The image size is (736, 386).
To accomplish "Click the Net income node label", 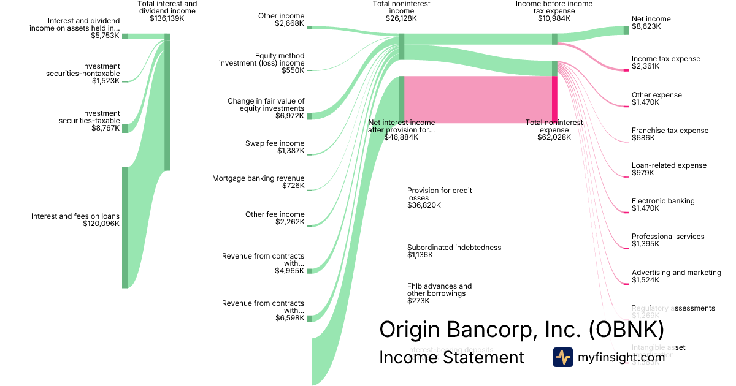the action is tap(651, 19).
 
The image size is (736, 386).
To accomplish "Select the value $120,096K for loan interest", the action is tap(101, 224).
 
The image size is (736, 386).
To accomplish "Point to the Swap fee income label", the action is tap(274, 143).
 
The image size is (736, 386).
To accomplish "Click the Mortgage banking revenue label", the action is tap(258, 178).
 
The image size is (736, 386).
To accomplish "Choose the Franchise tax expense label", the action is tap(670, 131).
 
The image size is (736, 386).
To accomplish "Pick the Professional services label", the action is tap(668, 237).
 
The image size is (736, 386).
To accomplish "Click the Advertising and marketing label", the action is tap(676, 273).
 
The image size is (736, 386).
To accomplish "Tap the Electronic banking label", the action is tap(663, 201).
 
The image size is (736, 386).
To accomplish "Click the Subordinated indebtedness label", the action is tap(454, 248).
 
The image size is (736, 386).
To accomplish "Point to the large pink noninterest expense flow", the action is tap(478, 99).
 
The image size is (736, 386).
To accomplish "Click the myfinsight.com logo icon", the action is tap(562, 357).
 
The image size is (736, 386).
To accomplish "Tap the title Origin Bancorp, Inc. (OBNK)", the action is tap(521, 330).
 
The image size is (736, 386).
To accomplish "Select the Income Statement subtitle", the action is tap(451, 357).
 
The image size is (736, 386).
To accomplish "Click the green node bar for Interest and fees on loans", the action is tap(125, 227).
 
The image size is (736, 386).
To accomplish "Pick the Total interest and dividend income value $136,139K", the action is tap(167, 18).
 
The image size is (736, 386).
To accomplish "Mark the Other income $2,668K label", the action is tap(281, 20).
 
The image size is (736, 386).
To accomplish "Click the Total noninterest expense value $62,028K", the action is tap(554, 137).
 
